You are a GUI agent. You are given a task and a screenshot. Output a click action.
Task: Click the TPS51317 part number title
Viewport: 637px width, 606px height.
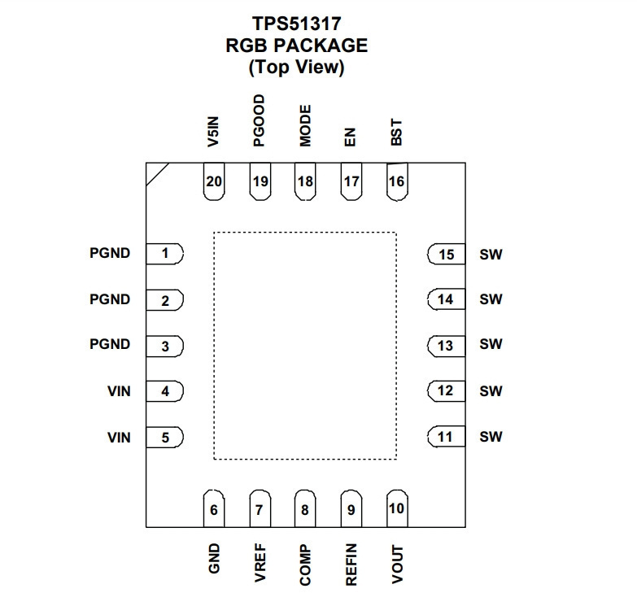click(297, 24)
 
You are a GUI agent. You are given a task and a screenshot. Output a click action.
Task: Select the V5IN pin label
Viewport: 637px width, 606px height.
click(213, 132)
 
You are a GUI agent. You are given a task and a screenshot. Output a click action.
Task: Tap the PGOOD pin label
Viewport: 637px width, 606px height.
click(259, 120)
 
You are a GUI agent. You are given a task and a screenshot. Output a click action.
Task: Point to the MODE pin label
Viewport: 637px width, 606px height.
click(305, 126)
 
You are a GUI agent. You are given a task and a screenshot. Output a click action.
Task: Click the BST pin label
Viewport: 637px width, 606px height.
click(396, 133)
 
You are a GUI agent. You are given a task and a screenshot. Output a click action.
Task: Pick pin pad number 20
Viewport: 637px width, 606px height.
click(214, 181)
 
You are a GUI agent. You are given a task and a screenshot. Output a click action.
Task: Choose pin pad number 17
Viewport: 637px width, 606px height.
click(351, 181)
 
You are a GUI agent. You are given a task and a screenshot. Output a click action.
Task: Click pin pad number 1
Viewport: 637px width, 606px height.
click(165, 254)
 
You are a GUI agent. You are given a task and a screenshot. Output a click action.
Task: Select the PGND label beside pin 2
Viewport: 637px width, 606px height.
click(110, 299)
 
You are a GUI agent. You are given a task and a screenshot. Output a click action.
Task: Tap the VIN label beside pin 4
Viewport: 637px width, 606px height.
click(119, 391)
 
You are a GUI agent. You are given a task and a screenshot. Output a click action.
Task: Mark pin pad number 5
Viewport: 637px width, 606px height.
click(165, 438)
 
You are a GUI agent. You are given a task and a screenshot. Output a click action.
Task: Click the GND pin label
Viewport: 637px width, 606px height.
click(214, 559)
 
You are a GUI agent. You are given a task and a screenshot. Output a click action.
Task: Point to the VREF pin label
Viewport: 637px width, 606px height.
click(260, 563)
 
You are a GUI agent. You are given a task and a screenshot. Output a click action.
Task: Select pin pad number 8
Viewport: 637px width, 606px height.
click(305, 508)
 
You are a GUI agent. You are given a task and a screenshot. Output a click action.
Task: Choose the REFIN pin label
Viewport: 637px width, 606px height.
click(351, 565)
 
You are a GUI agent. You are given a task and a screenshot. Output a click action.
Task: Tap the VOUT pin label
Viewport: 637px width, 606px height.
click(397, 565)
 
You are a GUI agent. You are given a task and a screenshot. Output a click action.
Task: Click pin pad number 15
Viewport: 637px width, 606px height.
click(446, 255)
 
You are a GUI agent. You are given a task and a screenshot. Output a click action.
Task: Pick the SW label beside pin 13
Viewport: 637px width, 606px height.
click(491, 344)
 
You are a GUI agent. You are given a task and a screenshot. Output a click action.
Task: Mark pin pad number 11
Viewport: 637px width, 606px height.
click(446, 437)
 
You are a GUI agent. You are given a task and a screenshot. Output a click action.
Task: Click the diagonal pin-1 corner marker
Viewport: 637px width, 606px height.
click(158, 175)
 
